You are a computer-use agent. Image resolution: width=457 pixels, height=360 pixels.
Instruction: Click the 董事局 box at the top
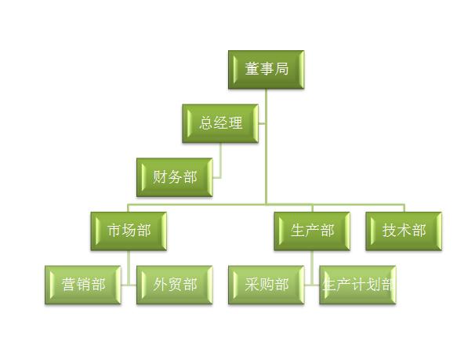(266, 70)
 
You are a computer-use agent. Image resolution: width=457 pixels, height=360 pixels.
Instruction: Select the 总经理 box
(220, 123)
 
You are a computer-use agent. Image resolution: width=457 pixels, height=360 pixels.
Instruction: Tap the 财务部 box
(175, 177)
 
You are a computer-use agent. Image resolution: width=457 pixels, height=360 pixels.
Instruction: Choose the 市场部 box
(129, 231)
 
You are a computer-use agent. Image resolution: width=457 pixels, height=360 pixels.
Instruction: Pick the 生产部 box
(312, 231)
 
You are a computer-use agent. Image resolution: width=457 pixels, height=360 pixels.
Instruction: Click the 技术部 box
(404, 231)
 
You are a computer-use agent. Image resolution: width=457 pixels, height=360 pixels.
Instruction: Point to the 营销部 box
(83, 285)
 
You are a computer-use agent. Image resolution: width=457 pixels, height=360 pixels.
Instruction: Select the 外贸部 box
(175, 285)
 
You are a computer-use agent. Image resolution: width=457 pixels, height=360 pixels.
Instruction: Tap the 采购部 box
(266, 285)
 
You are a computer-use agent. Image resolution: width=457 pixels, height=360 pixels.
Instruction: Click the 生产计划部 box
(357, 285)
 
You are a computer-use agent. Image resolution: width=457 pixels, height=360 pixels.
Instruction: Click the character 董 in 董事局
(252, 69)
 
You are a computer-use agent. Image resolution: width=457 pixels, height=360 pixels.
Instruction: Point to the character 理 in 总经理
(235, 123)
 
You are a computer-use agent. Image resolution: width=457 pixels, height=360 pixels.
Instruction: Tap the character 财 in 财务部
(160, 176)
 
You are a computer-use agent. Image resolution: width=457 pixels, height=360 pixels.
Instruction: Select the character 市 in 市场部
(114, 231)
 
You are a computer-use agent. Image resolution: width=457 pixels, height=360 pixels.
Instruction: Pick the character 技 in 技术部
(389, 231)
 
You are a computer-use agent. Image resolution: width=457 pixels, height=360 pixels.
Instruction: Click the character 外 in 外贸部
(160, 285)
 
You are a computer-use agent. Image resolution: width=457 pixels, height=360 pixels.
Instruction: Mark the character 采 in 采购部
(252, 285)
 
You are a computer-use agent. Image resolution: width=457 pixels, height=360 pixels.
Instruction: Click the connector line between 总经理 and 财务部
(220, 161)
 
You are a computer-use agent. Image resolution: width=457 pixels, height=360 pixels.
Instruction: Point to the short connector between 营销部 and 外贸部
(129, 285)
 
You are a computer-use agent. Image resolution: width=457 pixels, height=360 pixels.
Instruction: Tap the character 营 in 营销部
(68, 285)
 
